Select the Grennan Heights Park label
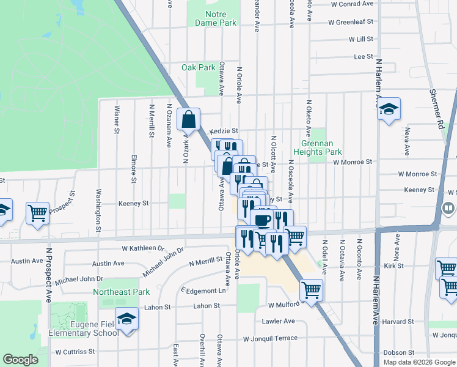317,147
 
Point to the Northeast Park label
121,292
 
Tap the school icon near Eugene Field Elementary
128,319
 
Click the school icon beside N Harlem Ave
389,109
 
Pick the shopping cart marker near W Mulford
311,289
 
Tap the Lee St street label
363,56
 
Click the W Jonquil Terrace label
270,338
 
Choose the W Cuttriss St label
75,352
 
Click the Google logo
21,360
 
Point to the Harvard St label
401,321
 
